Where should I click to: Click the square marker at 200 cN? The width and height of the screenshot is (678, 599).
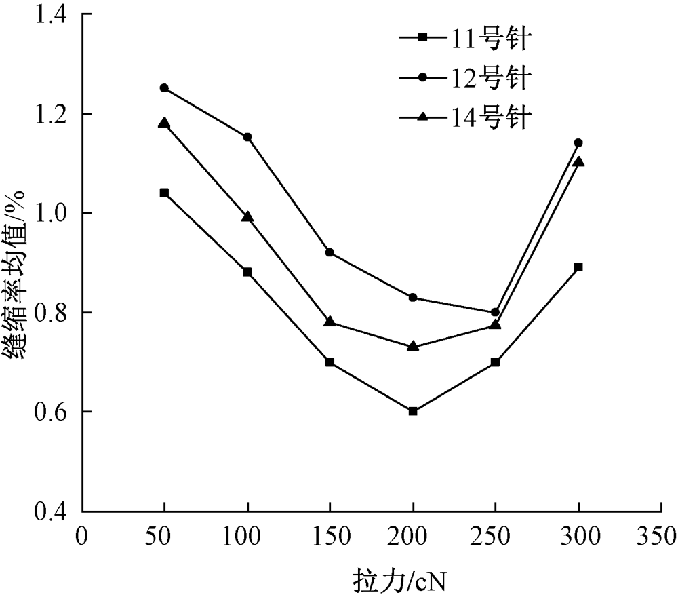coord(413,411)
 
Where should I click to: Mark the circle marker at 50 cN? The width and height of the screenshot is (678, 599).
coord(164,88)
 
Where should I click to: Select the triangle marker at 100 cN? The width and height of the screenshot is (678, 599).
coord(247,217)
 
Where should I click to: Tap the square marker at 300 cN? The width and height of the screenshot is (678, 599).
coord(578,267)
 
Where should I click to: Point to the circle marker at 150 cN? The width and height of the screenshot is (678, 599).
coord(330,252)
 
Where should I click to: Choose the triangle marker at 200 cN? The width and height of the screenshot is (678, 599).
coord(413,346)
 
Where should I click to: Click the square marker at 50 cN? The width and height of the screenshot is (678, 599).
coord(164,193)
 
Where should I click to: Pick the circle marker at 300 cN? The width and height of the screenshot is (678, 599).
coord(578,142)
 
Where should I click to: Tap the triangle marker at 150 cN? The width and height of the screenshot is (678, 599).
coord(330,322)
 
